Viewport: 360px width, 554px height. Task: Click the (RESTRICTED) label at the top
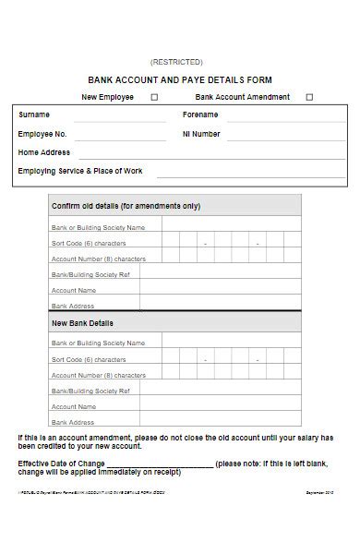pos(180,62)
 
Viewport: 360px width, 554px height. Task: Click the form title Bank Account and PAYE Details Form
pos(180,80)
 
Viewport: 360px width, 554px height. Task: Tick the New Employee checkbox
pos(154,97)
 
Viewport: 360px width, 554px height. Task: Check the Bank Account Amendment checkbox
pos(309,97)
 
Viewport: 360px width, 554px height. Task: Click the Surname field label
pos(34,115)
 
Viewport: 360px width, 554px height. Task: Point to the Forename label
pos(200,115)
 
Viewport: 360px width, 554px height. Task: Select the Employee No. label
pos(42,134)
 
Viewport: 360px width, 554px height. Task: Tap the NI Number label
pos(201,134)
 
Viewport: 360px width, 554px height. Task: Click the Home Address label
pos(43,152)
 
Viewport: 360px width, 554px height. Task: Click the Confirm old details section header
pos(126,206)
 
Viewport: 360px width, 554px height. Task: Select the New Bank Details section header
pos(83,323)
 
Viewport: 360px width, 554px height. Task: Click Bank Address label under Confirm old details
pos(73,306)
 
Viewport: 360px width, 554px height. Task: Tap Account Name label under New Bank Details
pos(74,406)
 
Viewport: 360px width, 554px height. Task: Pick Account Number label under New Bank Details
pos(99,375)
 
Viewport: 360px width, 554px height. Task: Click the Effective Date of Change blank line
pos(161,464)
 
